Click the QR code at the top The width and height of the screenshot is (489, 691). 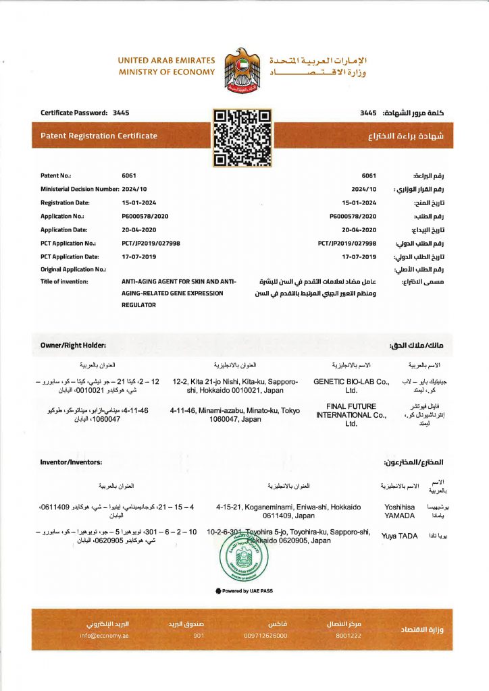click(x=242, y=138)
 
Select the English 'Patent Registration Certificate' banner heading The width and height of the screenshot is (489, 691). click(x=99, y=136)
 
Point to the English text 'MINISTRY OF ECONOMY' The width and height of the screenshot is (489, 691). click(x=167, y=72)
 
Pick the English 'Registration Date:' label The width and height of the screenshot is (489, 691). click(x=65, y=202)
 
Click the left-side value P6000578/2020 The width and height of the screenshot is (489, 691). click(x=145, y=216)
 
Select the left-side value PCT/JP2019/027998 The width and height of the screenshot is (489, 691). click(x=151, y=243)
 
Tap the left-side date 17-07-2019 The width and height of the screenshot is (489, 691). click(x=138, y=256)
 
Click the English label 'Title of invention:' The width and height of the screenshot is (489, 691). click(x=65, y=281)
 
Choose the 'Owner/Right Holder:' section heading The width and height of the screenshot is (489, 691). click(x=74, y=345)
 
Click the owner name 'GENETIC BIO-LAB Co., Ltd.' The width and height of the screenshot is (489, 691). click(x=351, y=385)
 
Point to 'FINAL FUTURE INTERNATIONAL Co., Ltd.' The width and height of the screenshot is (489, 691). click(x=351, y=415)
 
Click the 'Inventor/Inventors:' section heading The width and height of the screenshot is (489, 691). click(x=71, y=462)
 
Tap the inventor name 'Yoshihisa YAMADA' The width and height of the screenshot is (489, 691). click(x=399, y=510)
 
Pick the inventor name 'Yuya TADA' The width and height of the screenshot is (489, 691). click(x=399, y=536)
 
